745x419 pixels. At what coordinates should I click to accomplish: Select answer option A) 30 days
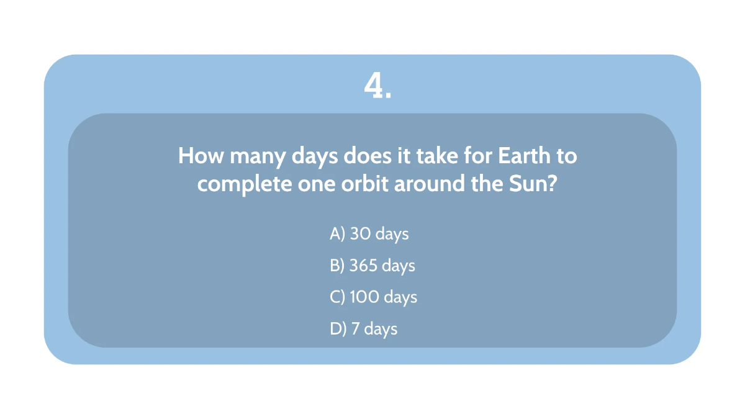coord(369,233)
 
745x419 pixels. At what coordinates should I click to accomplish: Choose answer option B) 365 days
coord(372,266)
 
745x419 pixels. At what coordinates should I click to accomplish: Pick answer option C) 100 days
coord(373,297)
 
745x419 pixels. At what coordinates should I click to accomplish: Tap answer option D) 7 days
coord(363,328)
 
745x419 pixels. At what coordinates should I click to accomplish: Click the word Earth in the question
coord(524,155)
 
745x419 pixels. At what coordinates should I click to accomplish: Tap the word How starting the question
coord(201,155)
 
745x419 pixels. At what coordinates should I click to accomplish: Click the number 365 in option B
coord(364,266)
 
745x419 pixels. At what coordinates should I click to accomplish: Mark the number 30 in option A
coord(359,233)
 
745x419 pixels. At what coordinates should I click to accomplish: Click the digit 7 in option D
coord(355,328)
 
